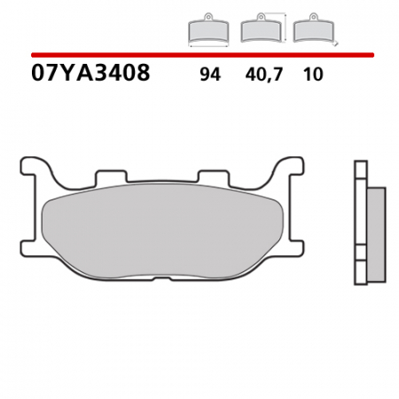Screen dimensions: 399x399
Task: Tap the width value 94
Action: point(210,75)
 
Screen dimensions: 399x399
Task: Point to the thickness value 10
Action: point(312,75)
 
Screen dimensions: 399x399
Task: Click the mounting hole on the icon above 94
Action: point(207,17)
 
